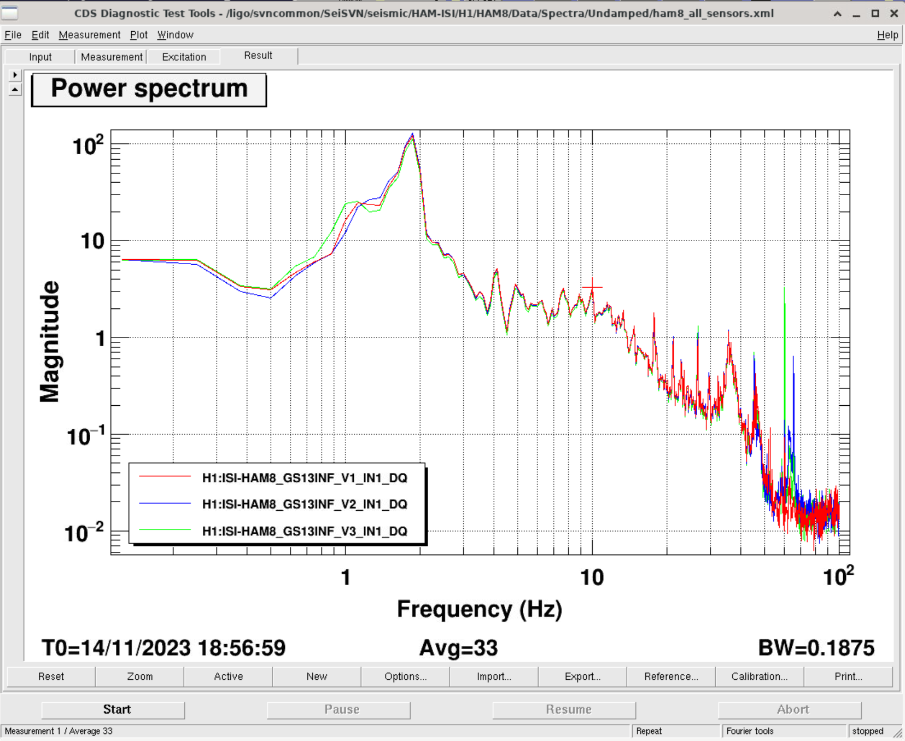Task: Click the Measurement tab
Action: pyautogui.click(x=112, y=57)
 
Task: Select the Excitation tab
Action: pyautogui.click(x=184, y=57)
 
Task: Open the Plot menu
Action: pyautogui.click(x=138, y=35)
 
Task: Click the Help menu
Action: pyautogui.click(x=887, y=35)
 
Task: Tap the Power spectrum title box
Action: pyautogui.click(x=149, y=89)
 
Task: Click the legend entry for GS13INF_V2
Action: pyautogui.click(x=304, y=504)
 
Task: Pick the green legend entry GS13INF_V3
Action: pyautogui.click(x=304, y=531)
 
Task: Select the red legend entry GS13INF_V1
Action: pyautogui.click(x=304, y=478)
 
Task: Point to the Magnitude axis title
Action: pyautogui.click(x=50, y=342)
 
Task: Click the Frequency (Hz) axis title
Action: pyautogui.click(x=479, y=609)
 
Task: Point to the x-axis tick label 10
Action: pyautogui.click(x=592, y=577)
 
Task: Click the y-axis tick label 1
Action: pyautogui.click(x=100, y=339)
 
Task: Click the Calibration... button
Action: pyautogui.click(x=759, y=676)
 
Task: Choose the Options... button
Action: pyautogui.click(x=405, y=676)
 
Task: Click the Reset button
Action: pyautogui.click(x=51, y=676)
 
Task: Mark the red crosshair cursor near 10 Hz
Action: pyautogui.click(x=592, y=287)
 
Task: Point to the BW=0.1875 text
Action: pyautogui.click(x=816, y=648)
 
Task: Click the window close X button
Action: pyautogui.click(x=894, y=14)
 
